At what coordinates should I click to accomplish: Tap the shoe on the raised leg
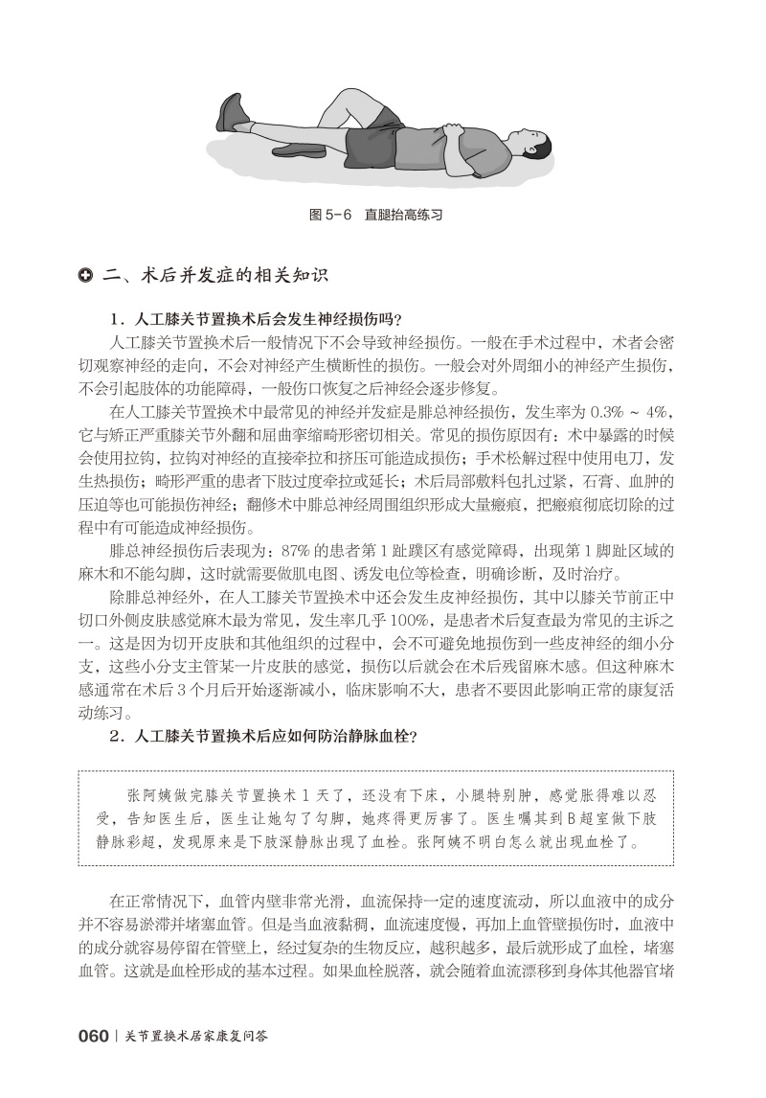click(x=232, y=113)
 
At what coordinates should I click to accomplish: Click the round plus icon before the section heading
click(x=85, y=277)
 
